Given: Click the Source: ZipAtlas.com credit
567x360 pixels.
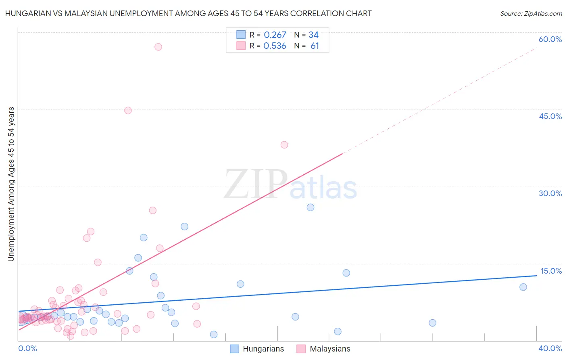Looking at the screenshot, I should tap(531, 13).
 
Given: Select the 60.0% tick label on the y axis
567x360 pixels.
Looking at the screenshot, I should tap(550, 39).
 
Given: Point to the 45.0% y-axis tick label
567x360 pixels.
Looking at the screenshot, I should tap(550, 116).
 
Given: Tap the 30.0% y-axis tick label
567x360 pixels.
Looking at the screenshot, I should tap(550, 193).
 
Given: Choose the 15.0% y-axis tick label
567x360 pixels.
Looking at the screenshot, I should tap(551, 271).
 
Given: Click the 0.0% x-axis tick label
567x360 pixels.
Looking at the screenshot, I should tap(27, 348).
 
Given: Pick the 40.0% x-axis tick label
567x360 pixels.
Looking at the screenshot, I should tap(550, 348).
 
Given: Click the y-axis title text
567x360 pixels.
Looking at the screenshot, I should tap(11, 184).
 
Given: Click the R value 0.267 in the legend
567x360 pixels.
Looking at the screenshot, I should tap(275, 35).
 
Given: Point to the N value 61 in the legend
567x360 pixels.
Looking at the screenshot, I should tap(315, 46).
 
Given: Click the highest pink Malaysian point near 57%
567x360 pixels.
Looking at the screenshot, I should tap(158, 47).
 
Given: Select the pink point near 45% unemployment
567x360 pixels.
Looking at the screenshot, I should tap(128, 111).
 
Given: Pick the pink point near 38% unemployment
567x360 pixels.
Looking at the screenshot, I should tap(284, 145).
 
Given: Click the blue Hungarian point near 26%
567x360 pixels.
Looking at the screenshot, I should tap(311, 207).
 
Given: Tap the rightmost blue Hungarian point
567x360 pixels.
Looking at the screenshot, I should tap(523, 287).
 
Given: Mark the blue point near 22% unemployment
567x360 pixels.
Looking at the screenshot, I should tap(184, 226).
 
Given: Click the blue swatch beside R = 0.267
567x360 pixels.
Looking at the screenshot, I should tap(241, 35).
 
